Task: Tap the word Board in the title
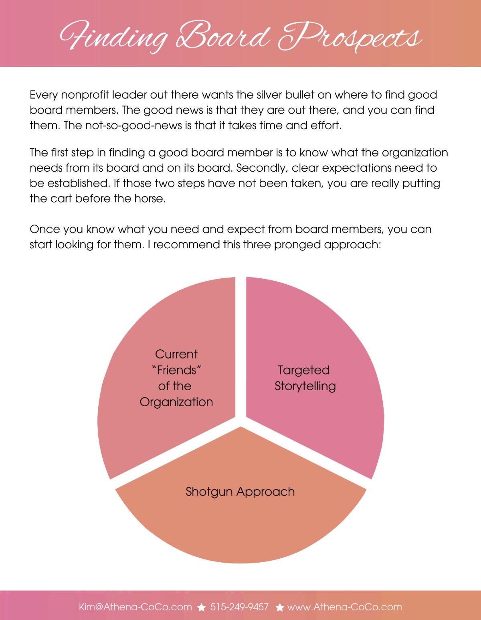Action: (224, 35)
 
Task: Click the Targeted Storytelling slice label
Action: (305, 378)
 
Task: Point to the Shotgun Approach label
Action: (240, 492)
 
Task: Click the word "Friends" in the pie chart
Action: (176, 370)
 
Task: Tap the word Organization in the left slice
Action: (176, 402)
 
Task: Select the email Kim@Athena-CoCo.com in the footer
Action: (135, 607)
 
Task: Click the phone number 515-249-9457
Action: (239, 607)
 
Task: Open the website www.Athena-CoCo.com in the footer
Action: (345, 607)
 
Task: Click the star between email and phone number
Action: (201, 608)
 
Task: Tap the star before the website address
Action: (280, 608)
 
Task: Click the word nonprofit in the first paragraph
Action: (85, 95)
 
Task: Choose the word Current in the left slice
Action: (176, 354)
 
